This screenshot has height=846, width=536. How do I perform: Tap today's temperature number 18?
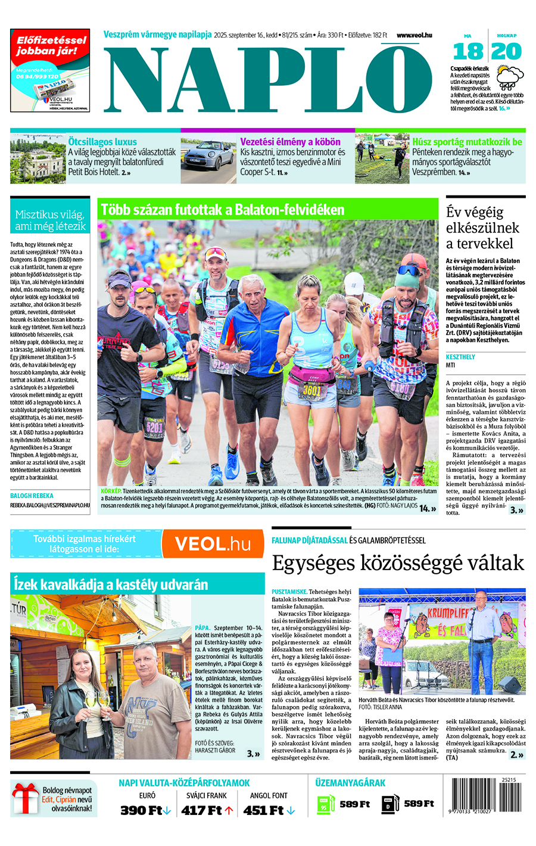tap(468, 52)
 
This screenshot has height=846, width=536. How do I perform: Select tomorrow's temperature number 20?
tap(507, 52)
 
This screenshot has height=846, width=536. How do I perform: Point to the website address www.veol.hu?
tap(414, 35)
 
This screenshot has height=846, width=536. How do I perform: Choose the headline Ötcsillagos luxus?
tap(102, 142)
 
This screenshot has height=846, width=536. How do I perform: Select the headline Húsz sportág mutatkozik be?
tap(467, 142)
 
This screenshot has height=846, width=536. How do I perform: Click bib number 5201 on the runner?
tap(154, 427)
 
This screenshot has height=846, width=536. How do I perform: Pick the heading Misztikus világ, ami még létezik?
tap(50, 220)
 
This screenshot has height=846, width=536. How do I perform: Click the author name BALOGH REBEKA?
tap(32, 496)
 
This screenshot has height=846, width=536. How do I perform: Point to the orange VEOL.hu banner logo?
tap(213, 544)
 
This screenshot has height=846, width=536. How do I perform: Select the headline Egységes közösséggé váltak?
tap(398, 563)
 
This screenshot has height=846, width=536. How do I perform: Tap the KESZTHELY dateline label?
tap(460, 357)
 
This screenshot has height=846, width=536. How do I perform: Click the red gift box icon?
tap(25, 798)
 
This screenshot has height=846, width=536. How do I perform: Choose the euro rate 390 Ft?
tap(141, 810)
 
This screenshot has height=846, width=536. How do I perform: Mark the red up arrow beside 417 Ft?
tap(229, 810)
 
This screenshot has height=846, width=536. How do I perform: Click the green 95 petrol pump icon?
tap(323, 804)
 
